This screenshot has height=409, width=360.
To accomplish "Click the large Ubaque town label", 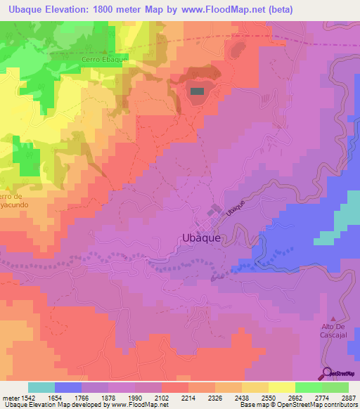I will pyautogui.click(x=202, y=238).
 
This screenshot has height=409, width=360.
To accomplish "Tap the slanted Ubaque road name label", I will pyautogui.click(x=235, y=206).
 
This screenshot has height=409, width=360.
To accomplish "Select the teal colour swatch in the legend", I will pyautogui.click(x=41, y=387).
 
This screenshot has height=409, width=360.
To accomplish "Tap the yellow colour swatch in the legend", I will pyautogui.click(x=282, y=387).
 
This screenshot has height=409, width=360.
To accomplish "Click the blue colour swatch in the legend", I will pyautogui.click(x=68, y=387).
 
